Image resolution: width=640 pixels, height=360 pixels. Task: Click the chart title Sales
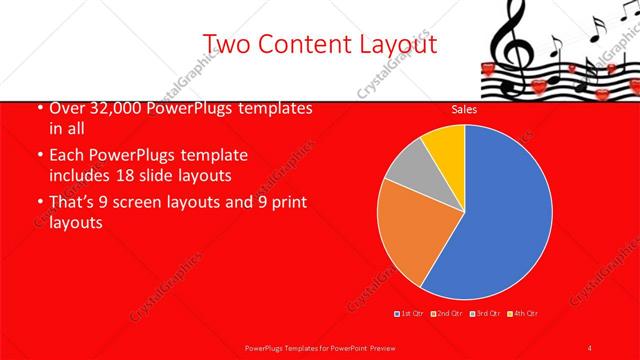[464, 109]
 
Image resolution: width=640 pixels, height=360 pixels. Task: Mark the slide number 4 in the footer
[590, 346]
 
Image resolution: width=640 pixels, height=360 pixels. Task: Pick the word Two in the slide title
[226, 44]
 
